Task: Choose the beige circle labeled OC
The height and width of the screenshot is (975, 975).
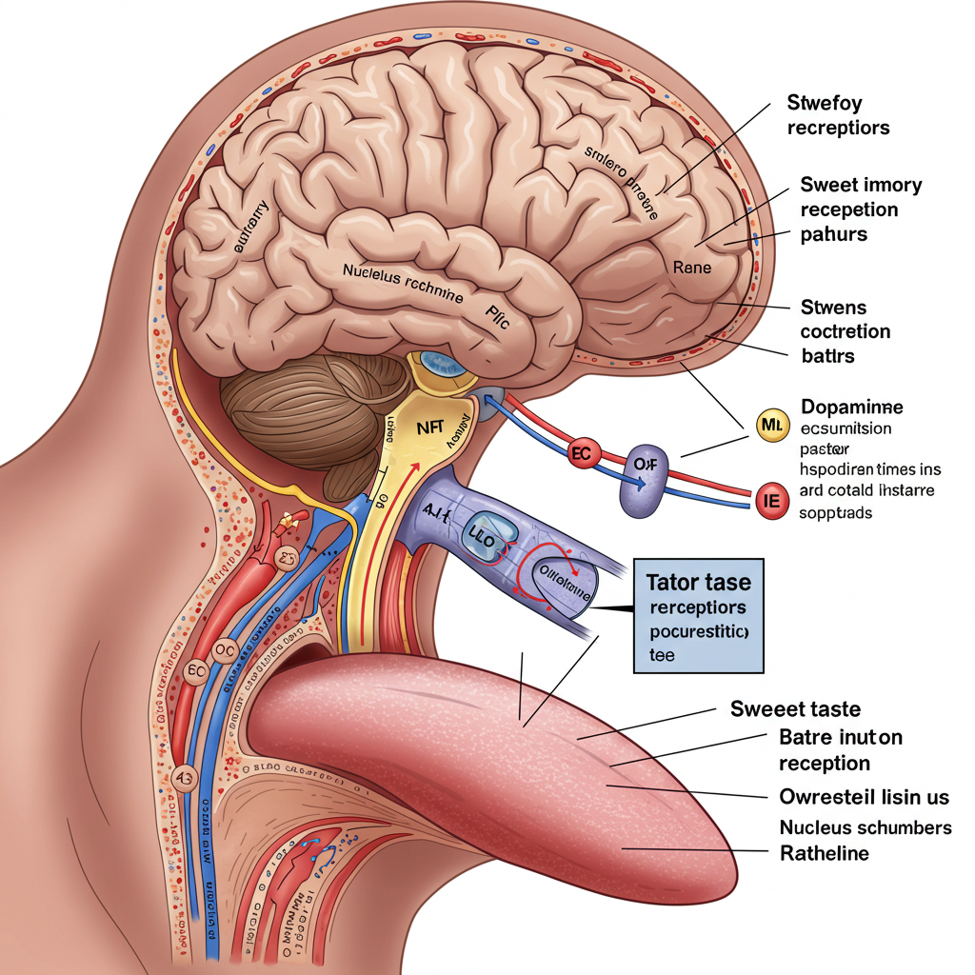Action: pyautogui.click(x=224, y=647)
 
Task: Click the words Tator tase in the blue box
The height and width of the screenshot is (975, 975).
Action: pyautogui.click(x=698, y=582)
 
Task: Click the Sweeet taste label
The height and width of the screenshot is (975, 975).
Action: pyautogui.click(x=795, y=708)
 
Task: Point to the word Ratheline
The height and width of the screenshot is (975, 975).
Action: pyautogui.click(x=824, y=853)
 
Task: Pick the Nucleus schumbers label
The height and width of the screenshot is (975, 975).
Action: pyautogui.click(x=865, y=826)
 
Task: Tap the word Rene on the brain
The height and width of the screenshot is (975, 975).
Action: pyautogui.click(x=691, y=268)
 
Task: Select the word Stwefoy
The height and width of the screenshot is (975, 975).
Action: pyautogui.click(x=824, y=102)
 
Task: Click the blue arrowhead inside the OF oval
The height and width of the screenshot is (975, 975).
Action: pyautogui.click(x=644, y=482)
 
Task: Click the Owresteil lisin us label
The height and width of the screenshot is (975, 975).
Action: pyautogui.click(x=863, y=796)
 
